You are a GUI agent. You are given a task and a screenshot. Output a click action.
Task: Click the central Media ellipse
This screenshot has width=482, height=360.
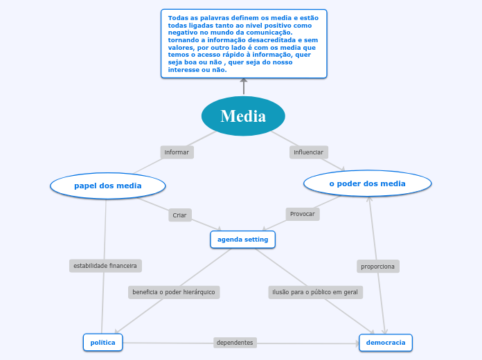[x=243, y=116]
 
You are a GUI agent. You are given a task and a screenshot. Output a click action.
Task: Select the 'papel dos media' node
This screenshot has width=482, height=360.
[x=108, y=186]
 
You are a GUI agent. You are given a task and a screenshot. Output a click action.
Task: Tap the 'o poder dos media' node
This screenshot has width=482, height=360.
[x=368, y=183]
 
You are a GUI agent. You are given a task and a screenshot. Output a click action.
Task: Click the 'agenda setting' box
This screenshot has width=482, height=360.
[x=242, y=240]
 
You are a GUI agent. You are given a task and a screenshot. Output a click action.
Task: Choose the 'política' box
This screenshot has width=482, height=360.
[x=103, y=342]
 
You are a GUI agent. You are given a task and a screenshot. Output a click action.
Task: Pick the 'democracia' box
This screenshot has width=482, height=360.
[x=385, y=342]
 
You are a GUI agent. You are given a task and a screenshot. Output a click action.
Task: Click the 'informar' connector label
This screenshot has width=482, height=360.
[x=177, y=152]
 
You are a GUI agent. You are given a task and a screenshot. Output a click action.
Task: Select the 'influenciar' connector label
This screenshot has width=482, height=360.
[x=308, y=152]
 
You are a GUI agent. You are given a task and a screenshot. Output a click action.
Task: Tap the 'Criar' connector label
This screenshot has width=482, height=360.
[x=179, y=215]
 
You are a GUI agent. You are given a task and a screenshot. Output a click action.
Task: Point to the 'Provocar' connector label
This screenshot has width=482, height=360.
[x=302, y=214]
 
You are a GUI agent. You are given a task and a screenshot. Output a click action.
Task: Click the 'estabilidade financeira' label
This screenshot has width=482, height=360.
[x=105, y=265]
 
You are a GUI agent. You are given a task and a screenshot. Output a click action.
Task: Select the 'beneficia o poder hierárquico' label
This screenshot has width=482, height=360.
[x=174, y=292]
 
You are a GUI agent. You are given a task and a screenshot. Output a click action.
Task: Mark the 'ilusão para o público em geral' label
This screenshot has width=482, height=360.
[x=315, y=292]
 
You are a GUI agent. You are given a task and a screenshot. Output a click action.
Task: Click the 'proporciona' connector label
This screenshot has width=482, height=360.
[x=378, y=266]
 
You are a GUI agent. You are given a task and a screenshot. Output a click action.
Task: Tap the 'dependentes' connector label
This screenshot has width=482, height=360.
[x=235, y=343]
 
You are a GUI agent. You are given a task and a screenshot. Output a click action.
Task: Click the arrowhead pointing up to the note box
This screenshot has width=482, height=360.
[x=244, y=82]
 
